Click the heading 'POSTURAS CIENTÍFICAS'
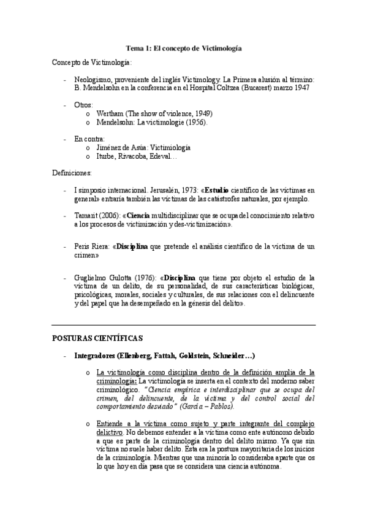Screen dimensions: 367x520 [97, 338]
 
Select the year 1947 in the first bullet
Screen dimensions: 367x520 [300, 88]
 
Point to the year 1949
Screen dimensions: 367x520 [201, 113]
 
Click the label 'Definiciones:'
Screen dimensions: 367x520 [72, 174]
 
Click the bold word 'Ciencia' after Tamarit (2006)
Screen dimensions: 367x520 [139, 216]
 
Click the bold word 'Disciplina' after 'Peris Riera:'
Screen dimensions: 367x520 [132, 247]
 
